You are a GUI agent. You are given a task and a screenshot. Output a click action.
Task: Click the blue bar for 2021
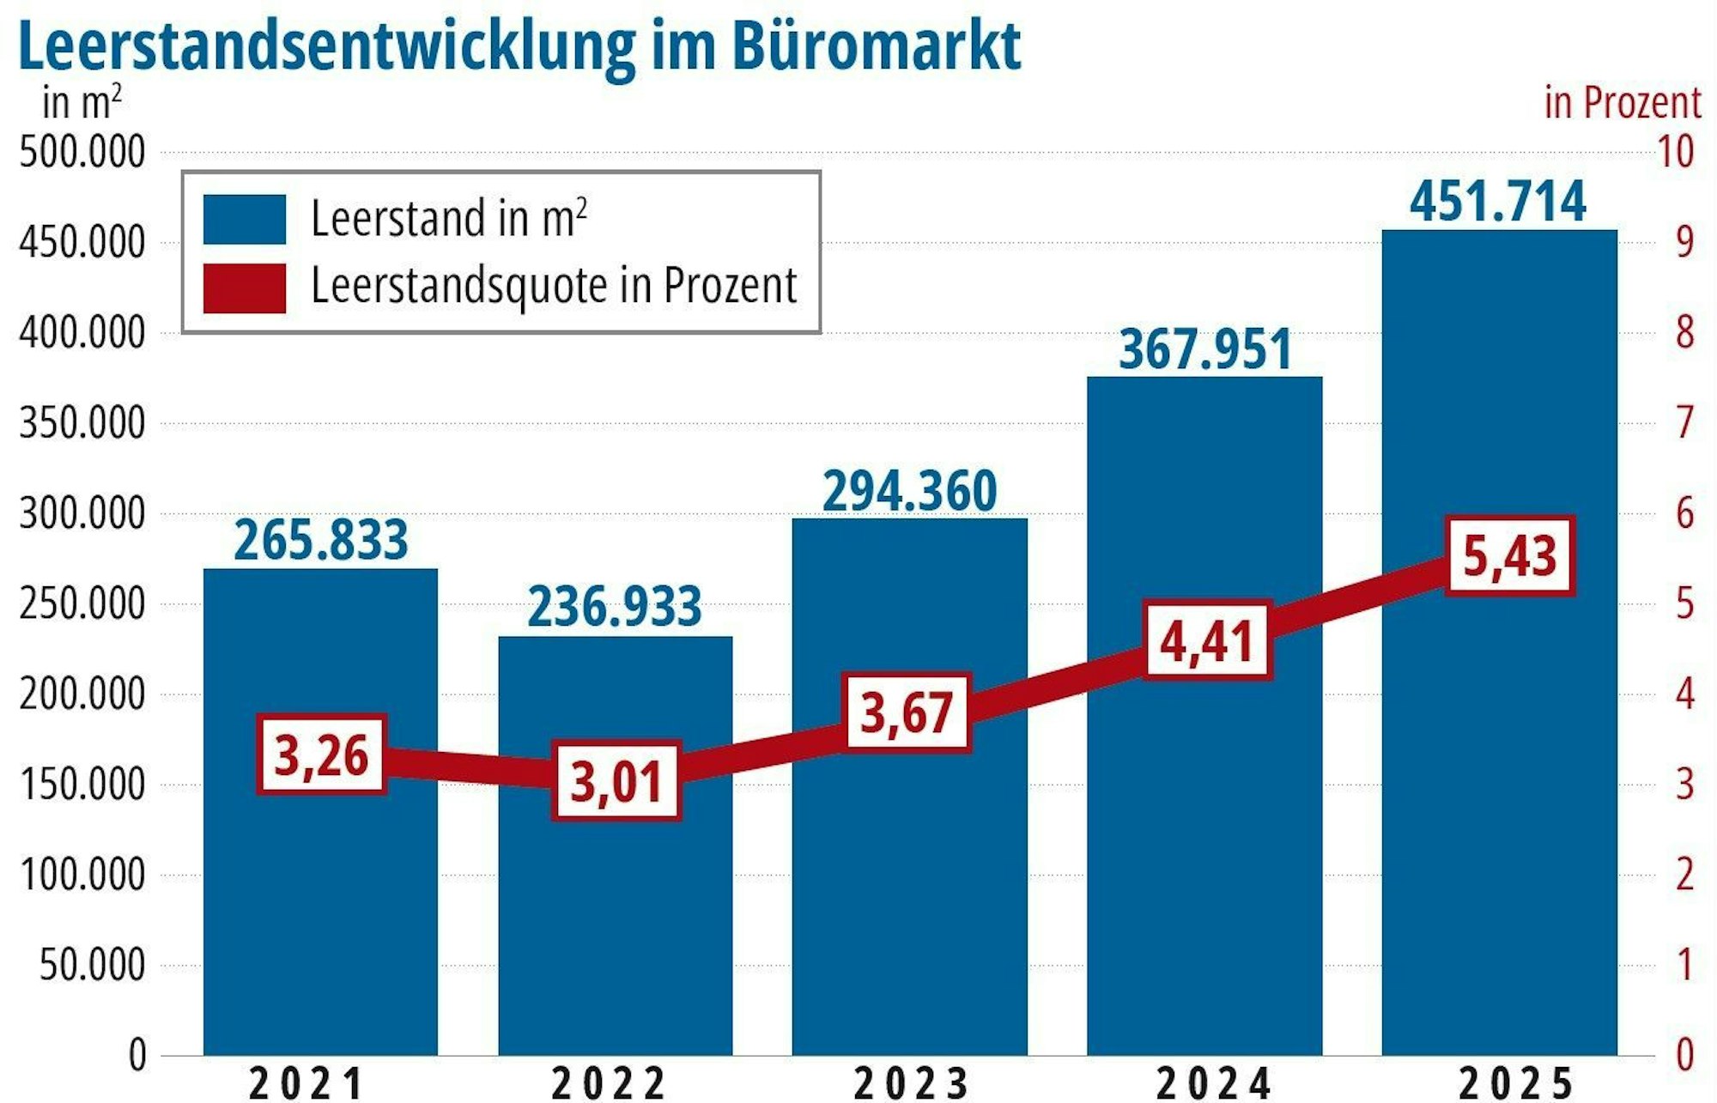[320, 901]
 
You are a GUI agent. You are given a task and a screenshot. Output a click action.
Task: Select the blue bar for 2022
[616, 927]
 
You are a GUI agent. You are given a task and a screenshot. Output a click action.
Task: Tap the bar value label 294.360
[910, 491]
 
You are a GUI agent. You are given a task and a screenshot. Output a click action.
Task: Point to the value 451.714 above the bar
[1498, 202]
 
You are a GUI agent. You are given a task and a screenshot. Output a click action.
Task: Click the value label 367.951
[1205, 349]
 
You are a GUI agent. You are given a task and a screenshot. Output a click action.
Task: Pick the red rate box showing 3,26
[322, 755]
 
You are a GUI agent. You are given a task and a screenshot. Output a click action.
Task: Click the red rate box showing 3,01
[616, 781]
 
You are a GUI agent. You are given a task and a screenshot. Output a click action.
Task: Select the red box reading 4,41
[1207, 640]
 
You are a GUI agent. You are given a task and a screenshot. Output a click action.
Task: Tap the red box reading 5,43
[1509, 555]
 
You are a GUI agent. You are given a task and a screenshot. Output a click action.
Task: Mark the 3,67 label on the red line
[907, 712]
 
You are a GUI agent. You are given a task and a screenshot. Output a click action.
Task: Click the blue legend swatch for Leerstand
[245, 219]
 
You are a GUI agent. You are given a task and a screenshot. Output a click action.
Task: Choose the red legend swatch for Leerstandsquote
[245, 288]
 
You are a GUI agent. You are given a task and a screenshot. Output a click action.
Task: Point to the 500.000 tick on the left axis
[82, 153]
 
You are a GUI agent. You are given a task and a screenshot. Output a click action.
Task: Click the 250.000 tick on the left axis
[82, 604]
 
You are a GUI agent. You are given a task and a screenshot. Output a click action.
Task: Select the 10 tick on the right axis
[1675, 153]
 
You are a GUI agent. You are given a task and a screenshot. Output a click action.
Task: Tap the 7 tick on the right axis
[1684, 423]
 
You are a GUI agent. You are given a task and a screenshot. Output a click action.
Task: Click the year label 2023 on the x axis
[910, 1083]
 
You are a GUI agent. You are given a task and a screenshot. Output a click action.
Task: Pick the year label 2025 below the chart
[1516, 1083]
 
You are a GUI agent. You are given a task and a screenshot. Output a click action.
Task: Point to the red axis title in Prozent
[1623, 103]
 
